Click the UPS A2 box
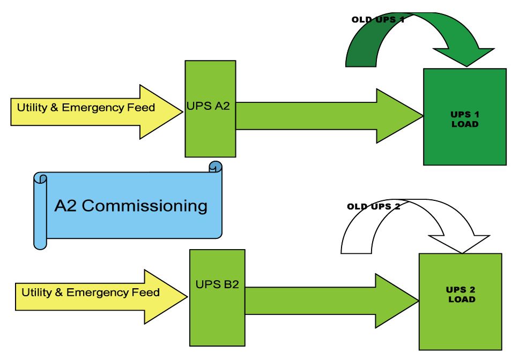(210, 134)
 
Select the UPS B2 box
(217, 316)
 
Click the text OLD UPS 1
(377, 19)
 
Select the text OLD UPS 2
(373, 206)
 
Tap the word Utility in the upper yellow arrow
(32, 108)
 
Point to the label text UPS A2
(208, 106)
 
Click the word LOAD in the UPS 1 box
(464, 124)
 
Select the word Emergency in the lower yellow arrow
(98, 292)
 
